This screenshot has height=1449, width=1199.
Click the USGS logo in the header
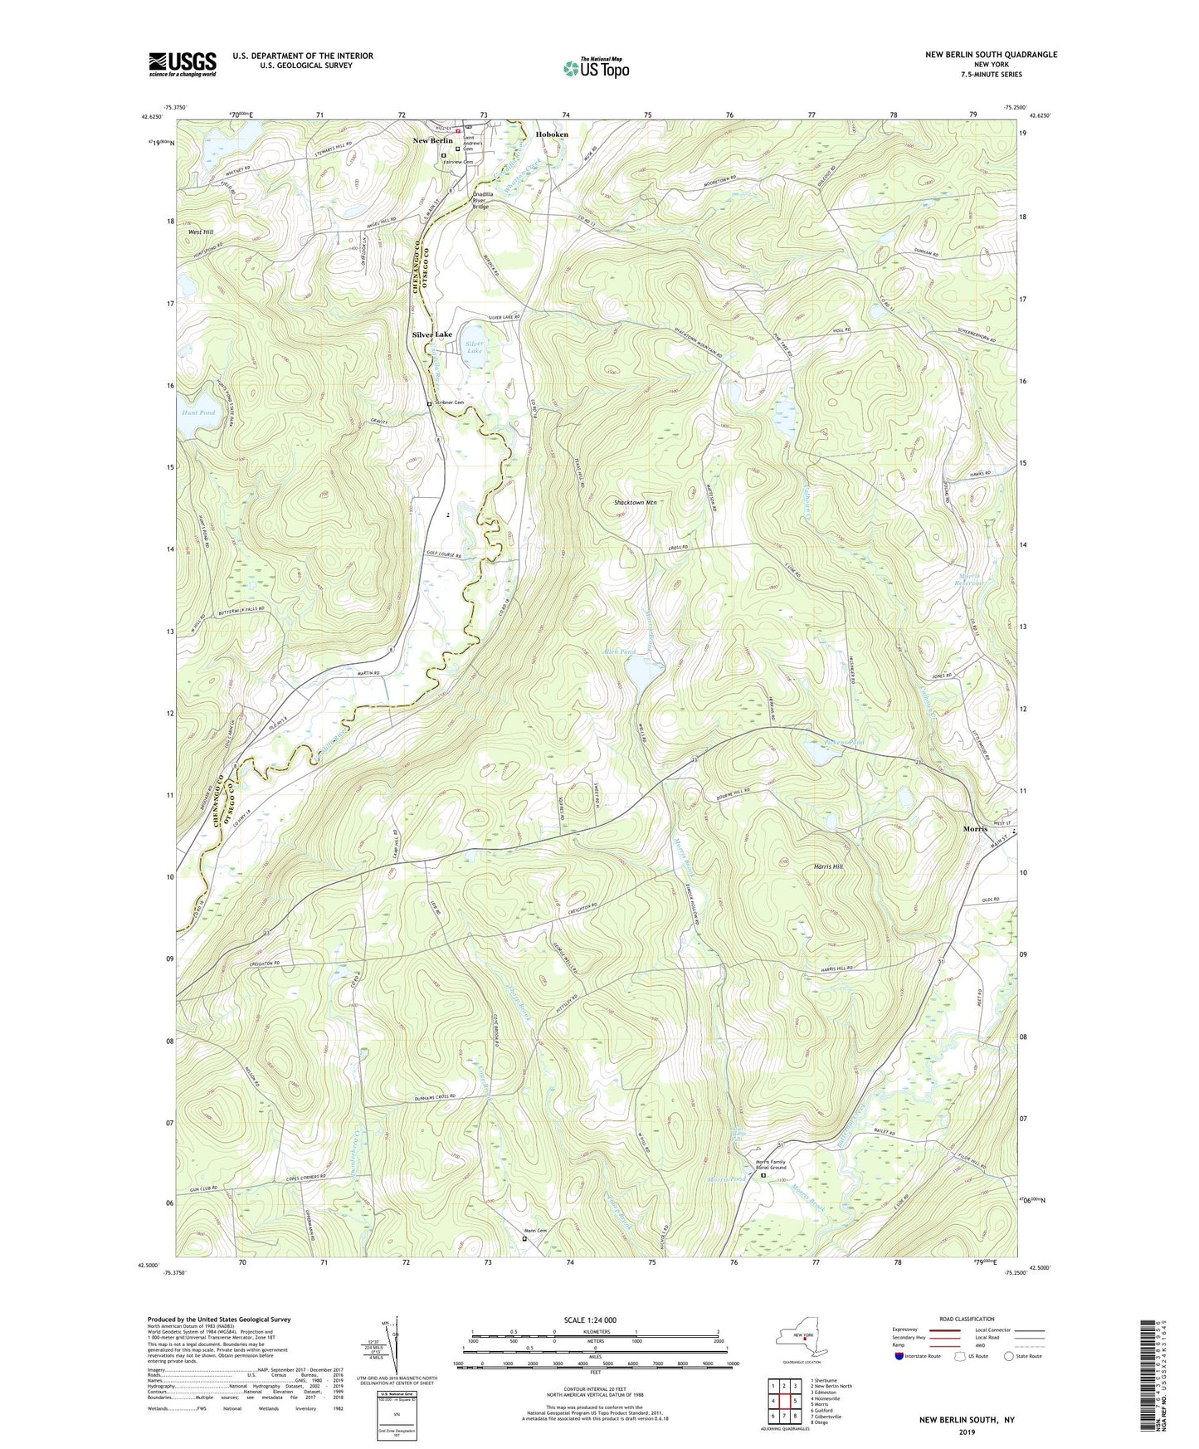click(x=183, y=64)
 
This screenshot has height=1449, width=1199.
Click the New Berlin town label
click(x=433, y=141)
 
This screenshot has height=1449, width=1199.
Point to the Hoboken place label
click(x=552, y=134)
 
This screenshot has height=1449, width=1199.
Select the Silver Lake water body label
click(x=474, y=347)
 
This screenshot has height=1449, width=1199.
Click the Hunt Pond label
click(x=197, y=412)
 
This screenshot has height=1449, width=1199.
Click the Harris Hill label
click(x=827, y=866)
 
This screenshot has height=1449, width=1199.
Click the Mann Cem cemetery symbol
click(x=524, y=1239)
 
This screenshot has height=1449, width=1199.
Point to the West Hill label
click(x=201, y=232)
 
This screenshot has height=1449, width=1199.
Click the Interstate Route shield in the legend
click(x=900, y=1356)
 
